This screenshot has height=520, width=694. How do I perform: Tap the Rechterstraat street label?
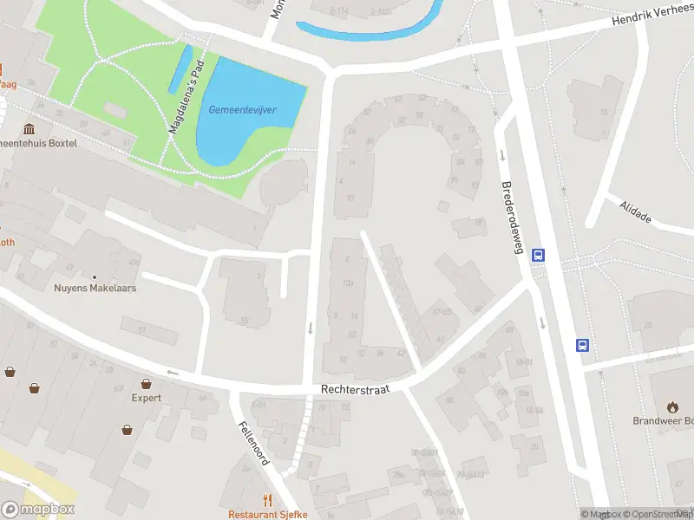tap(355, 390)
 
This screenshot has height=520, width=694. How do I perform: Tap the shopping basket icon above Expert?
tap(147, 382)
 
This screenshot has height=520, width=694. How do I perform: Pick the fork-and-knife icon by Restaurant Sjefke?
tap(267, 500)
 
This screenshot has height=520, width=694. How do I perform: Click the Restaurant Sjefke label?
tap(267, 514)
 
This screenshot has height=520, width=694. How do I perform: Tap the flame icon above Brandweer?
tap(672, 406)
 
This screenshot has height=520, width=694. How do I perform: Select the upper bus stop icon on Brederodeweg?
tap(538, 255)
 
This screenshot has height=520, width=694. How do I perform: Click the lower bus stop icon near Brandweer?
tap(583, 345)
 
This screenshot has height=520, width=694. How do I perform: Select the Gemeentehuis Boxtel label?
tap(38, 142)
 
